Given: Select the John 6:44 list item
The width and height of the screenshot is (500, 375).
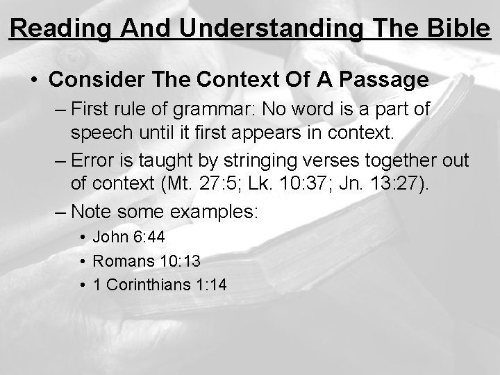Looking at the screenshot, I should [128, 237].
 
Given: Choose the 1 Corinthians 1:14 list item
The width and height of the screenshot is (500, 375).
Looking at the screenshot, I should [160, 285].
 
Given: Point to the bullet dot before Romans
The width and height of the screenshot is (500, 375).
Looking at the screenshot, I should [83, 262].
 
